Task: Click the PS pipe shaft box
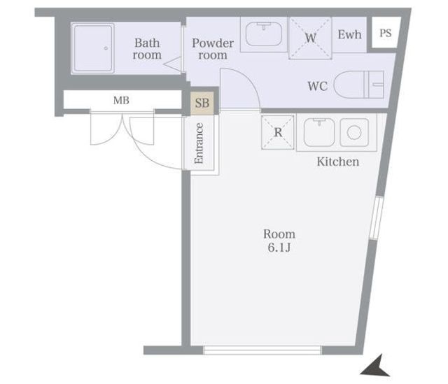click(386, 33)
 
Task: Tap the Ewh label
click(349, 35)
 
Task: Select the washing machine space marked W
click(310, 38)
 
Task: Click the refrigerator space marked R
click(278, 132)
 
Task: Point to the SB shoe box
click(202, 103)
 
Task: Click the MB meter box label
click(121, 100)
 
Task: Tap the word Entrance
click(199, 143)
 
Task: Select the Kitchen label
click(337, 162)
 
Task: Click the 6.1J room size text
click(279, 247)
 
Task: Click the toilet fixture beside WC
click(358, 85)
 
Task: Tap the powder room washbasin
click(263, 34)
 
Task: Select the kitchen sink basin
click(319, 132)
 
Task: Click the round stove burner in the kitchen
click(354, 133)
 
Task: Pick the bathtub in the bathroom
click(92, 48)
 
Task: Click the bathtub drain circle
click(106, 48)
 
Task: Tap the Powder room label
click(213, 49)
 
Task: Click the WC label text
click(317, 86)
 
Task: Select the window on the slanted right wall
click(376, 218)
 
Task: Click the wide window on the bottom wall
click(262, 350)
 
